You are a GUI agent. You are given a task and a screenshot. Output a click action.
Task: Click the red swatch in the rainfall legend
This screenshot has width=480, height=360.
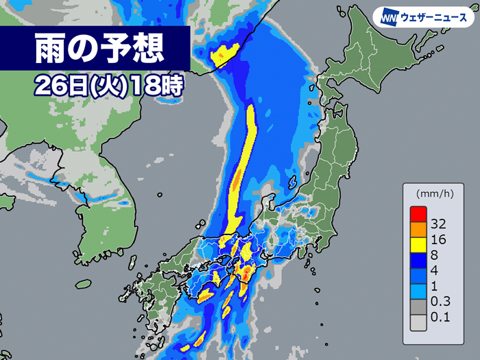point(418,215)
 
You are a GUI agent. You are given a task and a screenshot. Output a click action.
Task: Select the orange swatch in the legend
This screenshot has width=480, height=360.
point(418,231)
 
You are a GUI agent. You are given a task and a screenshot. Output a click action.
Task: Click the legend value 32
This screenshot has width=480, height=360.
point(440,224)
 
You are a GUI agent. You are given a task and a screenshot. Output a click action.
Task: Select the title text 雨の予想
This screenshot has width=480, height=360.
point(99,49)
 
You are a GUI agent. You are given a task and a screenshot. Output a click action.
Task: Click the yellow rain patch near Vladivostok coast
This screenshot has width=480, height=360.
point(226,53)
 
